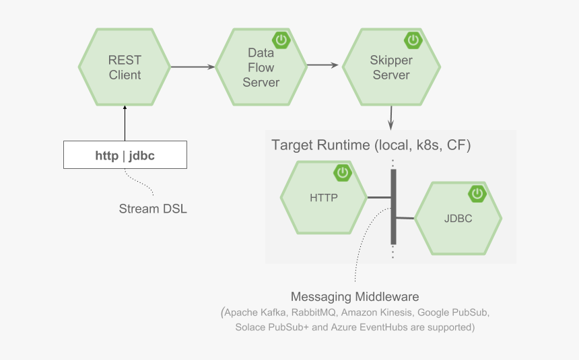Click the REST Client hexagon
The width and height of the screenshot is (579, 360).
click(125, 67)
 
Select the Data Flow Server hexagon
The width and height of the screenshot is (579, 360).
click(261, 67)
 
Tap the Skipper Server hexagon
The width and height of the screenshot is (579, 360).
click(390, 67)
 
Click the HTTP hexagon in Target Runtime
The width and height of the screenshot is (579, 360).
click(323, 198)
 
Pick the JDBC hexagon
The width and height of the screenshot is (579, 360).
click(458, 218)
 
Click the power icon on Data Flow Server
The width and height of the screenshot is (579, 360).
click(281, 40)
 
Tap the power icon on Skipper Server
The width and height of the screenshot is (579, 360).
click(412, 40)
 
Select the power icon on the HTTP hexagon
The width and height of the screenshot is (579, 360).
click(343, 172)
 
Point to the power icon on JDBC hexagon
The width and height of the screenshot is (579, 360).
click(477, 194)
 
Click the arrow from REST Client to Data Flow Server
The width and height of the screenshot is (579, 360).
click(193, 67)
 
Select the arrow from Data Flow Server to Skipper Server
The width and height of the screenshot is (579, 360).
click(322, 65)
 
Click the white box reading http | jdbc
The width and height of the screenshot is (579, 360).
click(125, 155)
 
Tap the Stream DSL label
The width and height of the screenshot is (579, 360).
click(153, 209)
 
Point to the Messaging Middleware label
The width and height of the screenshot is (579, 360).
click(355, 297)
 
